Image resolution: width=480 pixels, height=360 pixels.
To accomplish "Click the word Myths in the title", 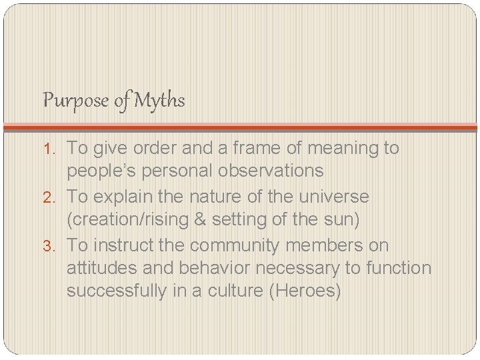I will coord(159,101).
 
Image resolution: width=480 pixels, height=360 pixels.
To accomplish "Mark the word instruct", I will coord(121,245).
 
